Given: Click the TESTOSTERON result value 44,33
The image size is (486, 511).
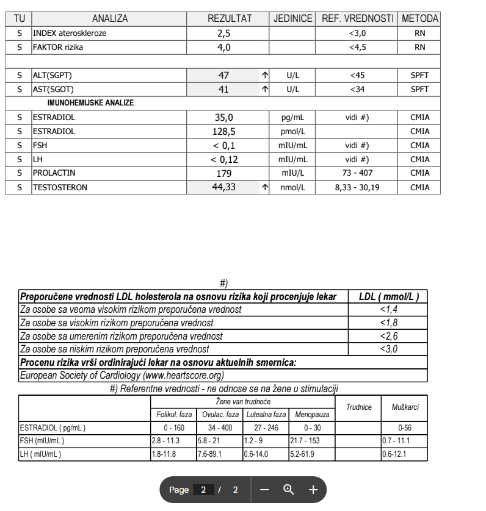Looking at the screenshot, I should (x=223, y=188).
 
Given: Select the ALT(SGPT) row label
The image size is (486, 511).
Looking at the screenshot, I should (x=56, y=76).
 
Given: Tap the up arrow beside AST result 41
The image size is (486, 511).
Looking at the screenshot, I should (x=265, y=90).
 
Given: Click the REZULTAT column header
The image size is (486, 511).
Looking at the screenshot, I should (x=230, y=20).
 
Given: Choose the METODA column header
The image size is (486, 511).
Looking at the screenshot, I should (x=420, y=20).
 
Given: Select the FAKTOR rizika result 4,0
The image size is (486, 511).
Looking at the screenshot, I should (x=223, y=47).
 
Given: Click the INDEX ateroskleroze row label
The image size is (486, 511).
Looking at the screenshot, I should (x=70, y=34).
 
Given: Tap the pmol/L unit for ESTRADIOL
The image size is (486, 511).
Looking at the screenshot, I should (x=293, y=132).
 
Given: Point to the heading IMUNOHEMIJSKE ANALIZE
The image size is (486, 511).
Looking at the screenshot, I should (x=90, y=103).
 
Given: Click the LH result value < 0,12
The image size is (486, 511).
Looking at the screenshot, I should (x=223, y=160).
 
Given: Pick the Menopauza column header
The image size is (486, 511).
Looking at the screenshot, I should (x=311, y=415).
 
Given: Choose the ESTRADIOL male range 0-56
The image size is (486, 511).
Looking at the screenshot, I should (x=404, y=428).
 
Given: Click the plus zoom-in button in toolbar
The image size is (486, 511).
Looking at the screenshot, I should (x=313, y=490).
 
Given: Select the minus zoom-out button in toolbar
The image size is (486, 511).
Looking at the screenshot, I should (x=264, y=490).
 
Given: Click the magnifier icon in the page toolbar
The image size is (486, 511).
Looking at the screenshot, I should (x=288, y=490).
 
